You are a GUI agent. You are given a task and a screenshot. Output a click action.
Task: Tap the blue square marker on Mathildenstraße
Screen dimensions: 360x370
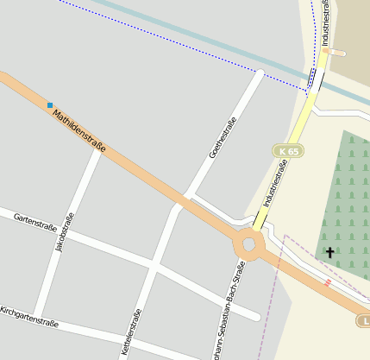pyautogui.click(x=50, y=105)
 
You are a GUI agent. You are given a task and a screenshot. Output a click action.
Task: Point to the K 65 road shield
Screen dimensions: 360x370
pyautogui.click(x=289, y=151)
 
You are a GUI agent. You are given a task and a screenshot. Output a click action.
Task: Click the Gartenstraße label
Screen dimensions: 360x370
pyautogui.click(x=35, y=223)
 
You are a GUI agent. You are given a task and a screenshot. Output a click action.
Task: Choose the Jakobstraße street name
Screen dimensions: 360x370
pyautogui.click(x=65, y=232)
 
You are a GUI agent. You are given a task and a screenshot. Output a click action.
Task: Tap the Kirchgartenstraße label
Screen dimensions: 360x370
pyautogui.click(x=28, y=317)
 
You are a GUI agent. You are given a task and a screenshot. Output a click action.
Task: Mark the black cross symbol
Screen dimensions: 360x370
pyautogui.click(x=329, y=252)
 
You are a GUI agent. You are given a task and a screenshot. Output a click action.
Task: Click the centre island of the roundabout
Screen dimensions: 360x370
pyautogui.click(x=250, y=244)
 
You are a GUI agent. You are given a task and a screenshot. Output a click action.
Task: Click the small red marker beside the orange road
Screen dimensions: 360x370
pyautogui.click(x=327, y=282)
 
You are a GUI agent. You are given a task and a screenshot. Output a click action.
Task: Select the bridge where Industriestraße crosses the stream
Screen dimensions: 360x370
pyautogui.click(x=314, y=80)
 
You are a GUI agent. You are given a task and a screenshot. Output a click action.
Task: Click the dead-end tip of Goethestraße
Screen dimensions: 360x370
pyautogui.click(x=259, y=73)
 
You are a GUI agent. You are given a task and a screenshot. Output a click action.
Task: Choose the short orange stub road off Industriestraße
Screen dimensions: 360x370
pyautogui.click(x=336, y=53)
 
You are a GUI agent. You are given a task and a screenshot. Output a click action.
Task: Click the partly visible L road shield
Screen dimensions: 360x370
pyautogui.click(x=364, y=321)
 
